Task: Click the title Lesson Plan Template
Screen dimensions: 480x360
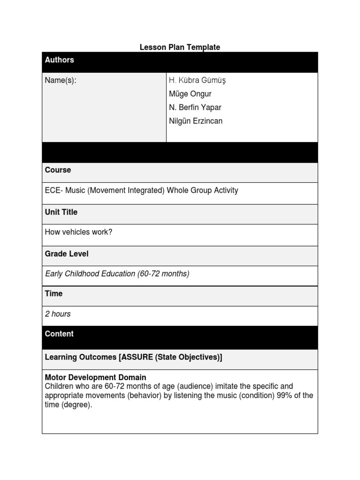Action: [x=180, y=47]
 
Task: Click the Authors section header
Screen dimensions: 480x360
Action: [x=60, y=60]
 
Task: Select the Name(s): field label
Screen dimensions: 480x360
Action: [x=60, y=81]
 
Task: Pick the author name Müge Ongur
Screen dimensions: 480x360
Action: [x=190, y=94]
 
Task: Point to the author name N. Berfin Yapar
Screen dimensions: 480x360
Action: [x=195, y=108]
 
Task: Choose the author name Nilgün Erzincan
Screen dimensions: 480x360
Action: [x=195, y=121]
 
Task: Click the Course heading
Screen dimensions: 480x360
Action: [x=58, y=170]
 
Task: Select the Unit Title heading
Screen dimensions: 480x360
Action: [x=61, y=212]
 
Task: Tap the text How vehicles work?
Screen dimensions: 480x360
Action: [x=79, y=232]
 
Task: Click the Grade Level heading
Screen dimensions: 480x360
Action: [x=67, y=254]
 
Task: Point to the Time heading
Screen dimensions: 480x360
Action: [x=53, y=294]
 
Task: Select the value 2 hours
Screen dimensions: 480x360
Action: [x=58, y=314]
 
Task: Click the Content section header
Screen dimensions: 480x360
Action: [x=59, y=334]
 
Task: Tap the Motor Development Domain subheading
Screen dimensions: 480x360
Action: [x=96, y=377]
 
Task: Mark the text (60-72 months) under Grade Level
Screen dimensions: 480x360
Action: [x=163, y=274]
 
